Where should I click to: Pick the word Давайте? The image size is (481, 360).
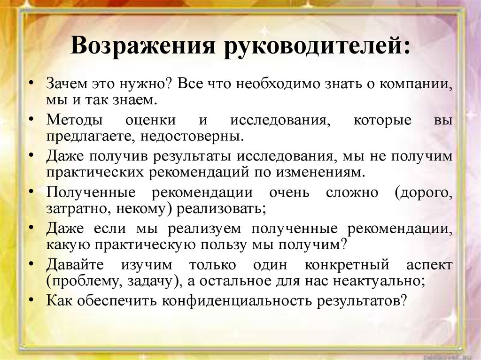(75, 264)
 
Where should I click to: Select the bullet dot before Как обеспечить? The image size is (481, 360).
(31, 299)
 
